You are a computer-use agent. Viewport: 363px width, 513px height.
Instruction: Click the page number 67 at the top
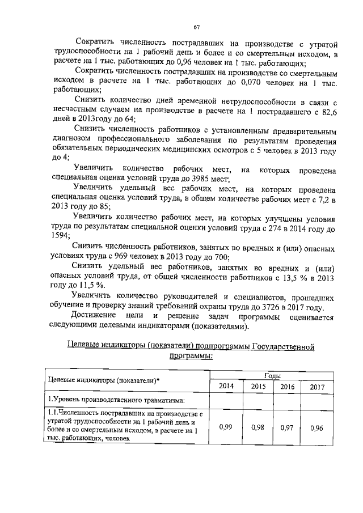(196, 27)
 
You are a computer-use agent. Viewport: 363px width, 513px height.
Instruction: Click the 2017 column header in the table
(318, 387)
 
